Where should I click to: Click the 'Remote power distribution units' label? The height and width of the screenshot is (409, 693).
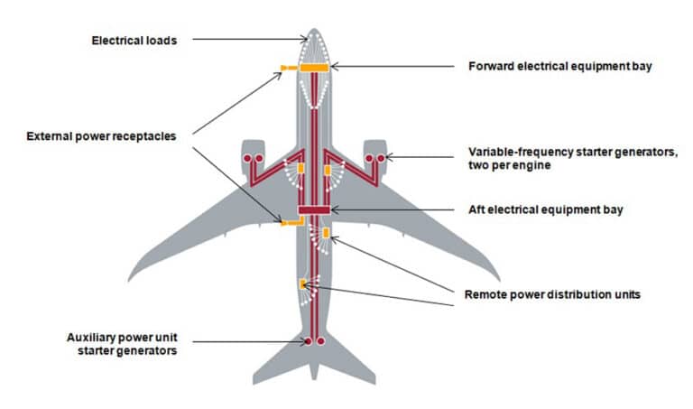tap(552, 294)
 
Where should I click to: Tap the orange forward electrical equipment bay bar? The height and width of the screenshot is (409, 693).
tap(313, 67)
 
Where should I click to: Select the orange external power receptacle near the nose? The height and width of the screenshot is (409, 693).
tap(289, 68)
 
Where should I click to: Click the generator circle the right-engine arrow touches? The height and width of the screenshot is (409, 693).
tap(381, 159)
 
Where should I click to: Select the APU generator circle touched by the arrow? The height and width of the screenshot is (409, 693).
tap(308, 342)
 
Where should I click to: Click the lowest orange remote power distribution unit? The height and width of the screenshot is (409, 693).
tap(301, 284)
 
